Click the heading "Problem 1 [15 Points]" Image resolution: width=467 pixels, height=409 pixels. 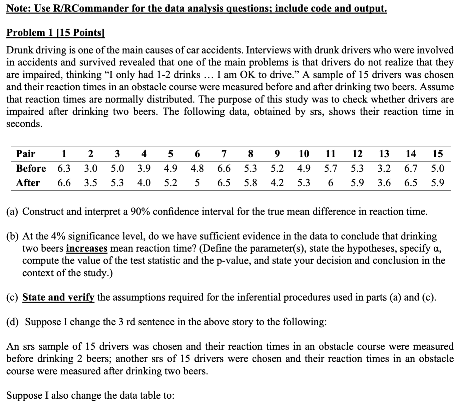point(55,33)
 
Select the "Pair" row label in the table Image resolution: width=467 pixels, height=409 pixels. point(26,154)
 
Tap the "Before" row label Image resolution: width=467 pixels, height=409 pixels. point(31,169)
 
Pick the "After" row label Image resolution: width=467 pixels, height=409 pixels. point(28,183)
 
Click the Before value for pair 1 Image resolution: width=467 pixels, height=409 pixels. point(64,169)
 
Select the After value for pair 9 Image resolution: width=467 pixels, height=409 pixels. point(277,183)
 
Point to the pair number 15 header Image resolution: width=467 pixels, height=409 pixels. point(437,154)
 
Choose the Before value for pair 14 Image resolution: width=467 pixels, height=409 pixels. point(411,169)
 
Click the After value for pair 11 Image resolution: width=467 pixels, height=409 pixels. point(330,183)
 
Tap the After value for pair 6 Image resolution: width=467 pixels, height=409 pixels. point(197,183)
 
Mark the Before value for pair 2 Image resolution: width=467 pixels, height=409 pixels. point(91,169)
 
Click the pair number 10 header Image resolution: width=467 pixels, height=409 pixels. point(304,154)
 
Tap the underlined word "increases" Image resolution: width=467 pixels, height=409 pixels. point(86,249)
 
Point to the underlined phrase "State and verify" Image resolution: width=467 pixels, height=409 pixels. point(58,297)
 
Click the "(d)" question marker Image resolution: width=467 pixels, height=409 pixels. point(12,322)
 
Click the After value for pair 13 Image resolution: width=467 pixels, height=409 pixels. point(384,183)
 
